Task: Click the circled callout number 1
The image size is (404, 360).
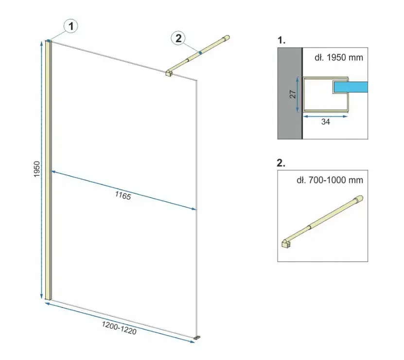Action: [71, 26]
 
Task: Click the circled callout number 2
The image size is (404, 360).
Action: [178, 38]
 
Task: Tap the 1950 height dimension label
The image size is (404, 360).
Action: [37, 169]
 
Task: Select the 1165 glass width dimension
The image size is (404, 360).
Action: [123, 196]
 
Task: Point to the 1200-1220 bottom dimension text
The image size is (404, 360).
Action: [119, 328]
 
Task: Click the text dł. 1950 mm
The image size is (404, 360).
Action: [339, 57]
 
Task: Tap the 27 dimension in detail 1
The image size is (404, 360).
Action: [293, 94]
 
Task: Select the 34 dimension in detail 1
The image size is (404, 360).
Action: [325, 122]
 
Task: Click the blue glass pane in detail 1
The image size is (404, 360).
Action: [351, 87]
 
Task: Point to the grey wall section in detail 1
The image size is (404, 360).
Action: [290, 93]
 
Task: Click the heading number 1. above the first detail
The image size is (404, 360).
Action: [281, 40]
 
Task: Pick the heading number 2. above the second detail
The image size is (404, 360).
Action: [281, 163]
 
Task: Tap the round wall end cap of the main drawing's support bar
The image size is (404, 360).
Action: [227, 38]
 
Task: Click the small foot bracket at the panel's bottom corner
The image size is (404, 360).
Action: [197, 337]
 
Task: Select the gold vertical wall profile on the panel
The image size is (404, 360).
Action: [48, 170]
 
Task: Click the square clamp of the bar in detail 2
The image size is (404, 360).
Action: [286, 243]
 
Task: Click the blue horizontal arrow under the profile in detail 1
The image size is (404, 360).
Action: [325, 117]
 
